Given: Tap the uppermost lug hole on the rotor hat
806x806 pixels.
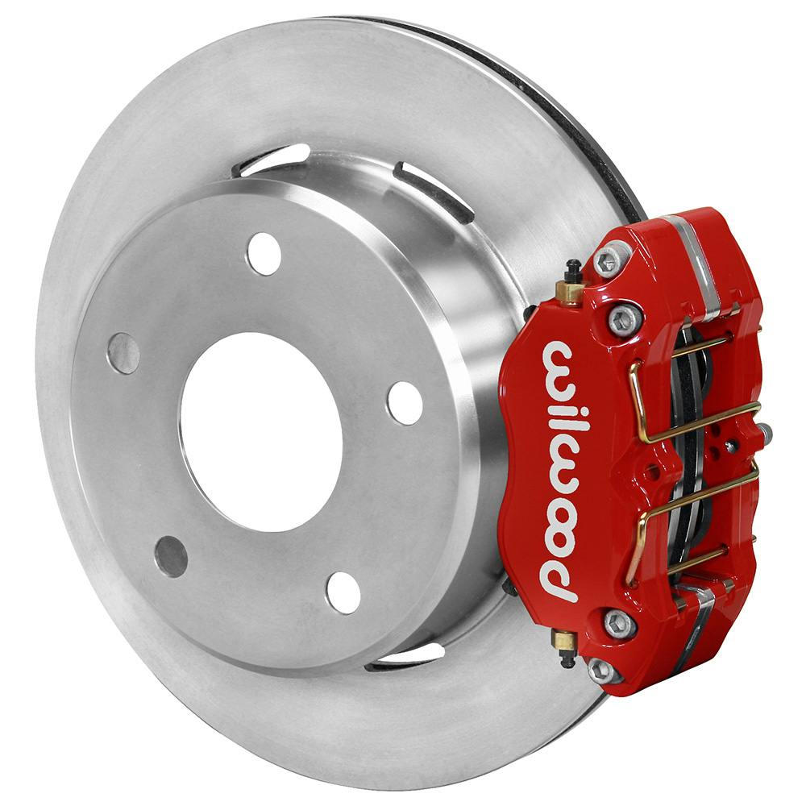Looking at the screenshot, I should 264,254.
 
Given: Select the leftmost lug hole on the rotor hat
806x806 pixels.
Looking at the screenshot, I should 123,353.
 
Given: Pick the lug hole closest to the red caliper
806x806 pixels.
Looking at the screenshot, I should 405,402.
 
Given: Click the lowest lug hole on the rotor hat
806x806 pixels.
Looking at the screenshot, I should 343,592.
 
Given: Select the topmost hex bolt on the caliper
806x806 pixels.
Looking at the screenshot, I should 608,260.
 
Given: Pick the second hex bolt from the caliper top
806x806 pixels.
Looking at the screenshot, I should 624,320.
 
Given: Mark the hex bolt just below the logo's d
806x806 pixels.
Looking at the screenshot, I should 618,622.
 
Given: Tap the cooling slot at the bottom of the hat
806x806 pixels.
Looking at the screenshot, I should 403,657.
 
